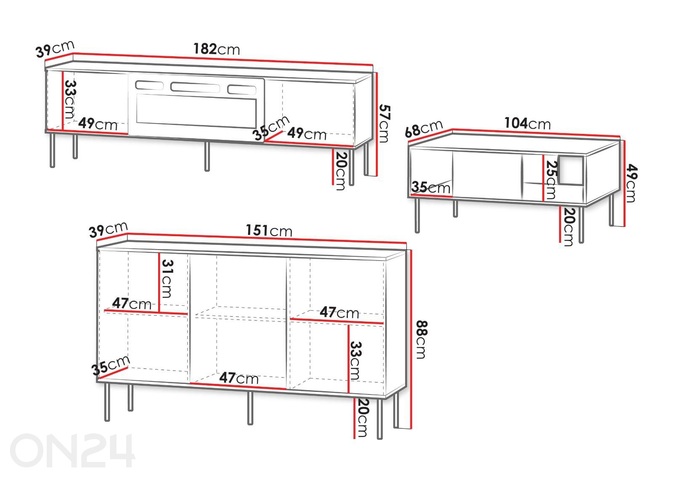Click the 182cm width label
pos(217,49)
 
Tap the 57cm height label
pos(384,123)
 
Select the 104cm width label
pos(527,123)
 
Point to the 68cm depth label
pos(424,129)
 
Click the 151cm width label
pos(269,231)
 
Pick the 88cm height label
pos(421,340)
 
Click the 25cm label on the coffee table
pos(551,180)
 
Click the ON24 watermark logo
pos(72,450)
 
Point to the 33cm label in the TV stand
pos(70,99)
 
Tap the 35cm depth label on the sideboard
pos(111,365)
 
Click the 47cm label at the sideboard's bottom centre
pos(239,378)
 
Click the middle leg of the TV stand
pos(207,156)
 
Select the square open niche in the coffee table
pos(571,170)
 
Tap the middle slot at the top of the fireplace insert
pos(195,87)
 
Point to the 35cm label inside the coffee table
pos(431,187)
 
